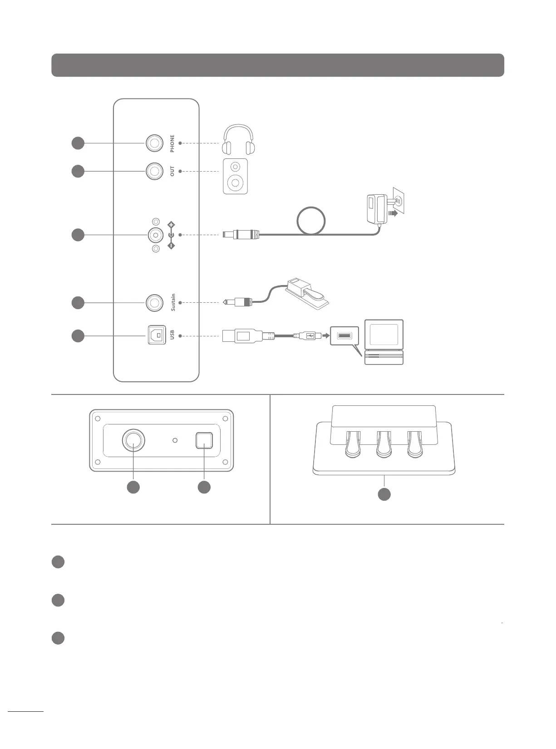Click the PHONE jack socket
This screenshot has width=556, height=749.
click(154, 143)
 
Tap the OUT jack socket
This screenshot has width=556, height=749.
click(154, 171)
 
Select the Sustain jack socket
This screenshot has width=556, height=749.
click(154, 302)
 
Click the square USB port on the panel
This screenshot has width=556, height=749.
click(157, 335)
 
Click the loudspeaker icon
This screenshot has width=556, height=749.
click(235, 177)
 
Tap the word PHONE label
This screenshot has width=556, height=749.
click(172, 143)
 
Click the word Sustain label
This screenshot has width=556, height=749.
click(172, 302)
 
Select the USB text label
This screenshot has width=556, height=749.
click(172, 335)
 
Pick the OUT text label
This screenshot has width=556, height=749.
click(172, 171)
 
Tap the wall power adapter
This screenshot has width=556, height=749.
click(377, 208)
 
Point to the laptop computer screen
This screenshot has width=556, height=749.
click(384, 334)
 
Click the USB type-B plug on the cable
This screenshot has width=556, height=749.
click(241, 336)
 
